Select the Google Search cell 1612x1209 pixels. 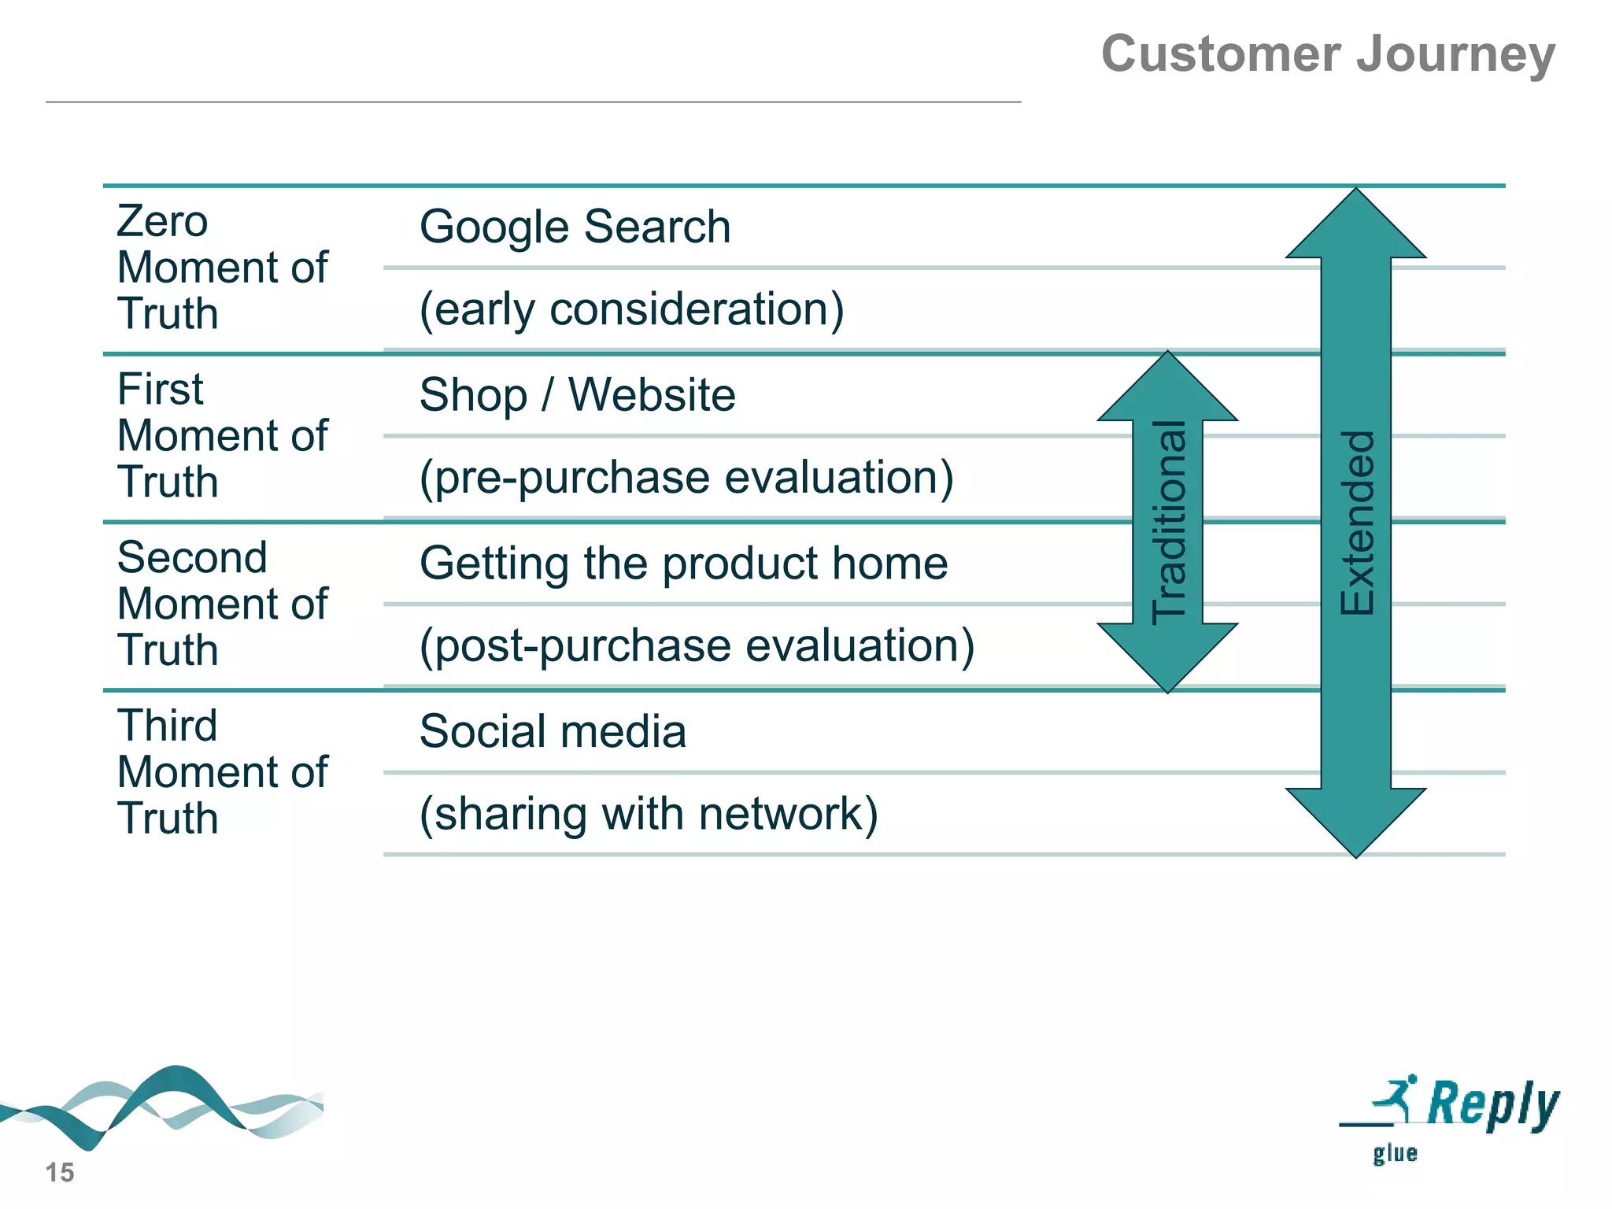click(575, 227)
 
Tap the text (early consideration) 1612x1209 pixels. click(631, 309)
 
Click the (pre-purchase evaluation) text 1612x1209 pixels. click(686, 477)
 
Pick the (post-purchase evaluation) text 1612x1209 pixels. click(697, 645)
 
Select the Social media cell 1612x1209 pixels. click(553, 731)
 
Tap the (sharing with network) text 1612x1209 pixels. click(648, 814)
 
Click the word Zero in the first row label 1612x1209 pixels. click(162, 221)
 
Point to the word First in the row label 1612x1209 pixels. click(160, 389)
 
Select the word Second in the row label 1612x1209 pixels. click(192, 557)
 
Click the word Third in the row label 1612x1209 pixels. click(167, 725)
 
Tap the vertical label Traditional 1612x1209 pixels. click(1169, 523)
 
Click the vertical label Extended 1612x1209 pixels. click(1357, 523)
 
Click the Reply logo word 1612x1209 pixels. click(1492, 1104)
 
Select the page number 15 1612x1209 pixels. click(60, 1172)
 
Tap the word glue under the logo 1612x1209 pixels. click(1395, 1153)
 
